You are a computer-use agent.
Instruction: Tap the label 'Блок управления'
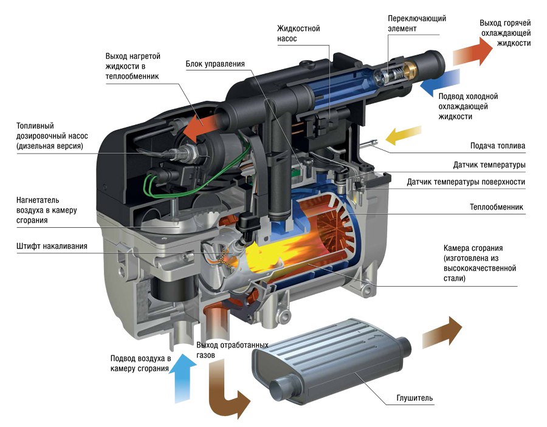[x=215, y=64]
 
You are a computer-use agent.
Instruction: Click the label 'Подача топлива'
[x=498, y=146]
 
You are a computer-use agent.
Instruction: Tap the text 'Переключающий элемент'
[x=417, y=23]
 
